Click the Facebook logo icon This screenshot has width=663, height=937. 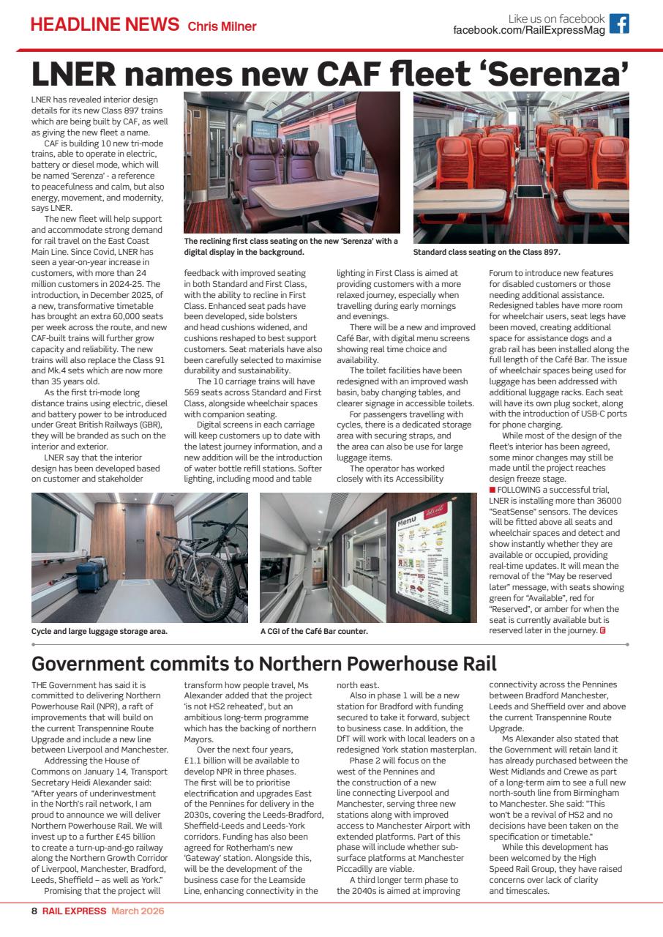pyautogui.click(x=619, y=23)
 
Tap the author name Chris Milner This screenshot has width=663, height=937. pyautogui.click(x=222, y=26)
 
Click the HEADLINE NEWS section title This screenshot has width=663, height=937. pyautogui.click(x=105, y=24)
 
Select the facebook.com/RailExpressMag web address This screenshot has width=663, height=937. pyautogui.click(x=529, y=30)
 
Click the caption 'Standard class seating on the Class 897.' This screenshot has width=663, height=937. pyautogui.click(x=487, y=253)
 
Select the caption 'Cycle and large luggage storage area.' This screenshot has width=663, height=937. pyautogui.click(x=100, y=631)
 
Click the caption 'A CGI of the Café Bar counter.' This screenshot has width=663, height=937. pyautogui.click(x=314, y=631)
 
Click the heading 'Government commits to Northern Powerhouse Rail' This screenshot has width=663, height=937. pyautogui.click(x=264, y=664)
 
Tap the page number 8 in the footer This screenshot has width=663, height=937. pyautogui.click(x=34, y=911)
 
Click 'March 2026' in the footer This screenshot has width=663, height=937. pyautogui.click(x=138, y=911)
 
